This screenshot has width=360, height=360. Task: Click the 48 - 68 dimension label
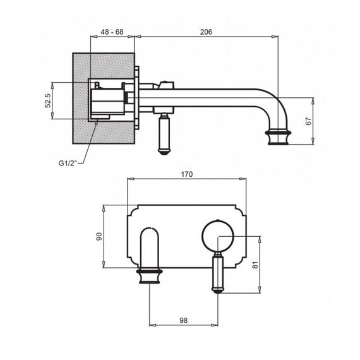click(112, 32)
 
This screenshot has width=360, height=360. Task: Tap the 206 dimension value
click(206, 32)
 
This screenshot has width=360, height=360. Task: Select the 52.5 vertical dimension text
click(48, 100)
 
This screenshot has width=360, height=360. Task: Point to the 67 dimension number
click(309, 121)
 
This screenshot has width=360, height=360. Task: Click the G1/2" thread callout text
click(67, 163)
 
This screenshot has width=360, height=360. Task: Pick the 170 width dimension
click(187, 174)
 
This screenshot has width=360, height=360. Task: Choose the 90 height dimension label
click(99, 236)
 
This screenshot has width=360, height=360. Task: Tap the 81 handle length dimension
click(255, 265)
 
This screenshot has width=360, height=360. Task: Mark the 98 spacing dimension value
click(183, 320)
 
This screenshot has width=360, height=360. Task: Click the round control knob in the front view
click(218, 236)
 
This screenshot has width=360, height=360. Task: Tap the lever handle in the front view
click(218, 273)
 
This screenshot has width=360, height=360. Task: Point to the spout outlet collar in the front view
click(149, 276)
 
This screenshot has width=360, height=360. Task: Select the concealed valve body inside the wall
click(108, 102)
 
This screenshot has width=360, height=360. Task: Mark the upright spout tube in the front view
click(149, 248)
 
